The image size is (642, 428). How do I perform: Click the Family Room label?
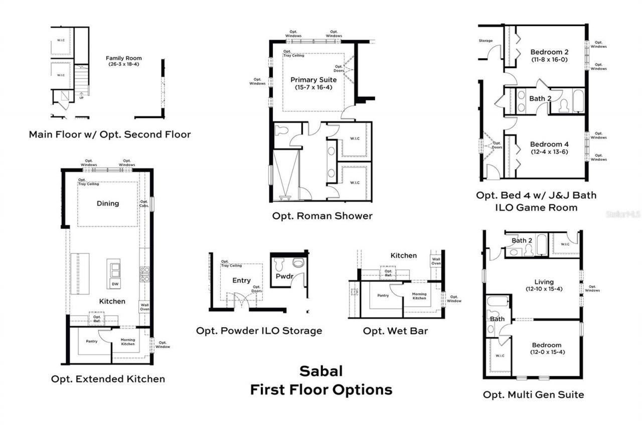123,58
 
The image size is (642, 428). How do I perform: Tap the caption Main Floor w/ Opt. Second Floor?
110,134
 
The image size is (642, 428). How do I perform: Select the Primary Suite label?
313,79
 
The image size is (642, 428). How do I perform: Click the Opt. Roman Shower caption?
322,216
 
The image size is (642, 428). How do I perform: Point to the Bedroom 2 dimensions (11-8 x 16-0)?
549,60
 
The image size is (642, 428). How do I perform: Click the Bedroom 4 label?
549,145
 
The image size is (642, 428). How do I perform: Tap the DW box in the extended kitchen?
115,284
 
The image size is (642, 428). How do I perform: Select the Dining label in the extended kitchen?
108,203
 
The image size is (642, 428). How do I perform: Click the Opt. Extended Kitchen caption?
108,379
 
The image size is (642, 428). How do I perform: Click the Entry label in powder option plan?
241,280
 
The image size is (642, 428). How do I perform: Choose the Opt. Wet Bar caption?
395,331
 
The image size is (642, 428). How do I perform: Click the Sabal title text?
321,371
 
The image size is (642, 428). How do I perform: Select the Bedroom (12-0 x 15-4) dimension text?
547,352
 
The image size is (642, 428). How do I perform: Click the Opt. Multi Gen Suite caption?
533,395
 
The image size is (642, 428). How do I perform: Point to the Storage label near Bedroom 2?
486,41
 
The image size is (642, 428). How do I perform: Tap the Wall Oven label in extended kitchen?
144,306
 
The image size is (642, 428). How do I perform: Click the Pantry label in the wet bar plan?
383,296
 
